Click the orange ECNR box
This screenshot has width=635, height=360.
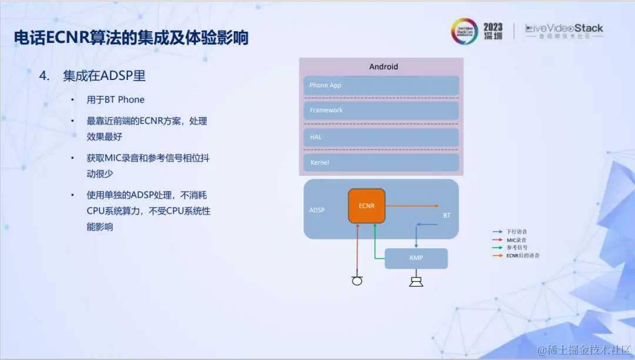[x=366, y=206]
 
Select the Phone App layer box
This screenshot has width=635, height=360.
[x=381, y=85]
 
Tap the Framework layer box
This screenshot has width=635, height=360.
[x=381, y=110]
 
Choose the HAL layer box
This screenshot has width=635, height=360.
[x=381, y=137]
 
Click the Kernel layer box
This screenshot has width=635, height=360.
[x=381, y=162]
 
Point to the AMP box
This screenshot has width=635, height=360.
[x=416, y=258]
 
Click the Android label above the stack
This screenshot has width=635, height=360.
[x=383, y=66]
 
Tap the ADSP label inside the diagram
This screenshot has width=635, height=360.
[x=317, y=210]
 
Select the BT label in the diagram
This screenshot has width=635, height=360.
[x=447, y=215]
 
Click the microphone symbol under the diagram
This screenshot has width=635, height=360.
[x=357, y=280]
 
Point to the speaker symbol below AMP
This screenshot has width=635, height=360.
[x=416, y=281]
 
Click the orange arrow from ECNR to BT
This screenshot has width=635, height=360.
[x=412, y=206]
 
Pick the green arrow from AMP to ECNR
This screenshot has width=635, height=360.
[x=375, y=244]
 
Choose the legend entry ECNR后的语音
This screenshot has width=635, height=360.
[x=523, y=256]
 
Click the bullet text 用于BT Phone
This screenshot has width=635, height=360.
[x=115, y=99]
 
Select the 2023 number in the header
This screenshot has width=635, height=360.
[x=493, y=27]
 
